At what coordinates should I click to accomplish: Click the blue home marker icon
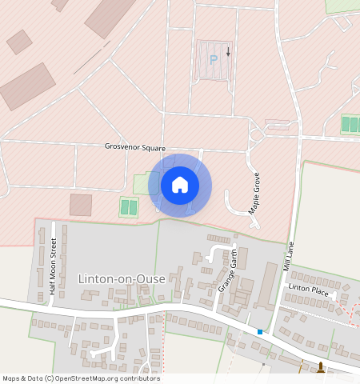(180, 185)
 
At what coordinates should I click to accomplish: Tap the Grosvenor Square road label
(134, 147)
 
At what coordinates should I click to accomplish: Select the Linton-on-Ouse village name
(122, 278)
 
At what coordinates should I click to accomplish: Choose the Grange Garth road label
(229, 269)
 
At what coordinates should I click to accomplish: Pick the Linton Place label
(309, 289)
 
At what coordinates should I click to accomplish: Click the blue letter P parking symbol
(213, 59)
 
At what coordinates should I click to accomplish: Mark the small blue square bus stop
(260, 331)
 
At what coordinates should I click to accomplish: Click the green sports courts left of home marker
(129, 207)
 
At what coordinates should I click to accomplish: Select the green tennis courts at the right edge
(350, 124)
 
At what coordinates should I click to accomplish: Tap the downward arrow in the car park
(228, 52)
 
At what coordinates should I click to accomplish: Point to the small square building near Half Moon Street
(81, 205)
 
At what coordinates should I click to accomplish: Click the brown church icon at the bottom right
(321, 369)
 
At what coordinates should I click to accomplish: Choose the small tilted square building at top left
(19, 42)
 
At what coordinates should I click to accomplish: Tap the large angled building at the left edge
(28, 86)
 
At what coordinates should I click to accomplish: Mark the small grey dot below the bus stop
(264, 364)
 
